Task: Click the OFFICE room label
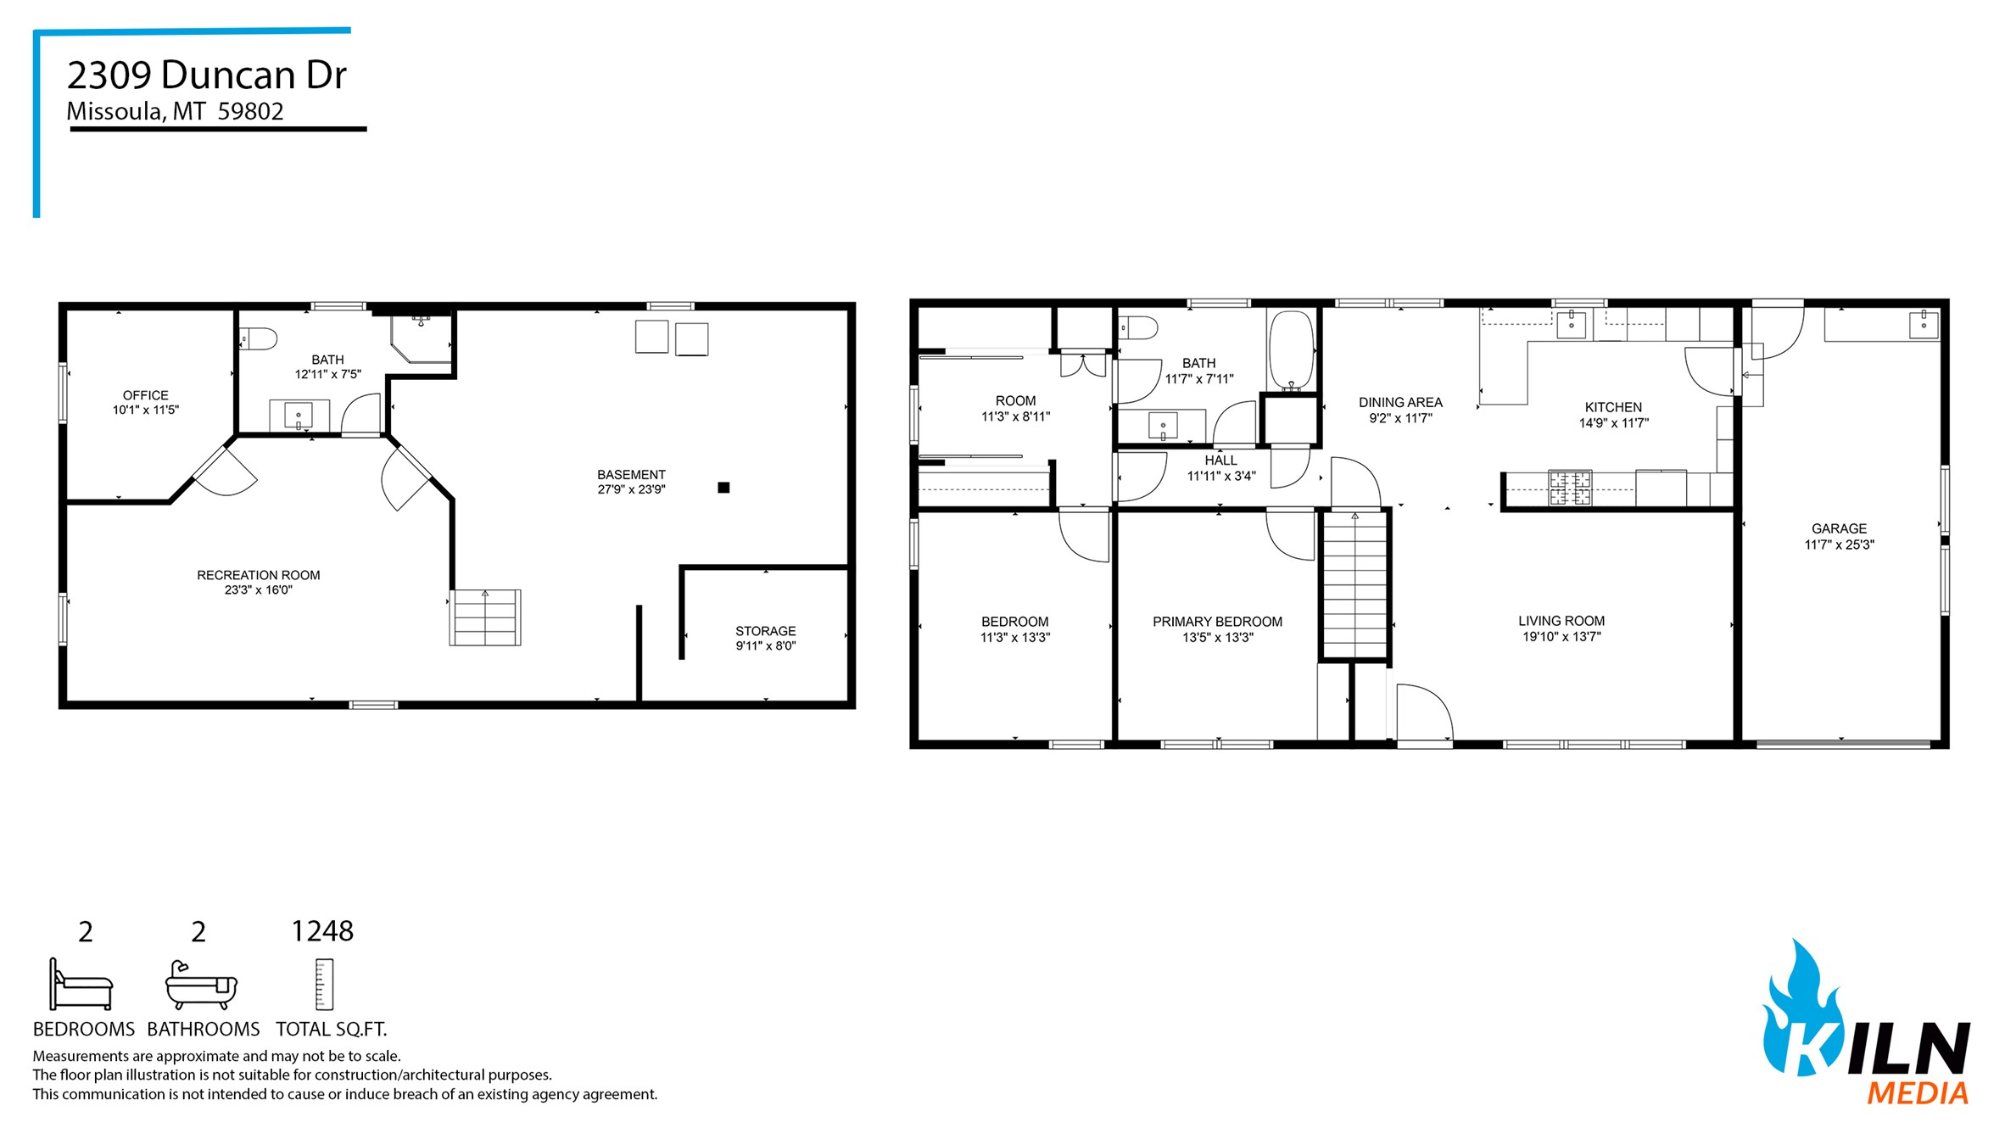click(146, 395)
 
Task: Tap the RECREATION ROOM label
click(259, 575)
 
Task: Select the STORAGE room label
click(766, 631)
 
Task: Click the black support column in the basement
click(723, 488)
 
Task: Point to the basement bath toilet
click(258, 338)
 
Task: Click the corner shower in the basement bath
click(422, 338)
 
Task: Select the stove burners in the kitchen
click(1570, 489)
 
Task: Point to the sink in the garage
click(1924, 324)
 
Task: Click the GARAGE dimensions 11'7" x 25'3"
click(1839, 545)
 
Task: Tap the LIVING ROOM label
click(1561, 621)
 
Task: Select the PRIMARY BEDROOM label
click(1217, 622)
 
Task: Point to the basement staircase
click(485, 617)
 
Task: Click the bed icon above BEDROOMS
click(81, 985)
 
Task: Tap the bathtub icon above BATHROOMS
click(201, 986)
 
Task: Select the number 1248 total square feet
click(322, 931)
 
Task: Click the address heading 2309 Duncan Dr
click(207, 75)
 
